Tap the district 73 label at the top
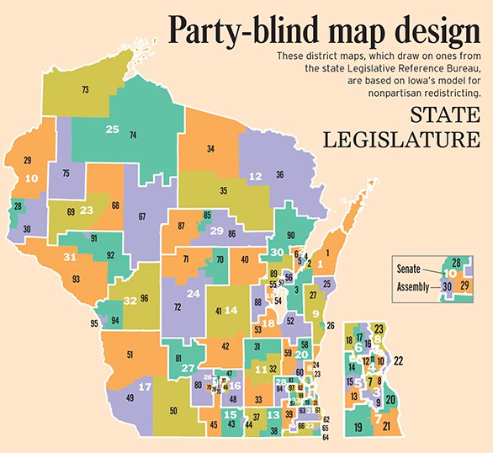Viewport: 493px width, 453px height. point(85,89)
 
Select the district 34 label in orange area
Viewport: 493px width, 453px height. point(210,149)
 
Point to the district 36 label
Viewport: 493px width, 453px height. point(279,174)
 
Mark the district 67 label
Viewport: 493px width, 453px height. point(142,216)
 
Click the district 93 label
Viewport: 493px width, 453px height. point(76,279)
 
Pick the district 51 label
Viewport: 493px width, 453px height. point(130,355)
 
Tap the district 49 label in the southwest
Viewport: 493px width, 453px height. point(130,397)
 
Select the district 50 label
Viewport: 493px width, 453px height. point(172,410)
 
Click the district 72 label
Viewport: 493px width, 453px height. point(178,307)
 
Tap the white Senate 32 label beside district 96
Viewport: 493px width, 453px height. point(130,301)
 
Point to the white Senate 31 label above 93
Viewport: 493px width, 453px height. point(71,258)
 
